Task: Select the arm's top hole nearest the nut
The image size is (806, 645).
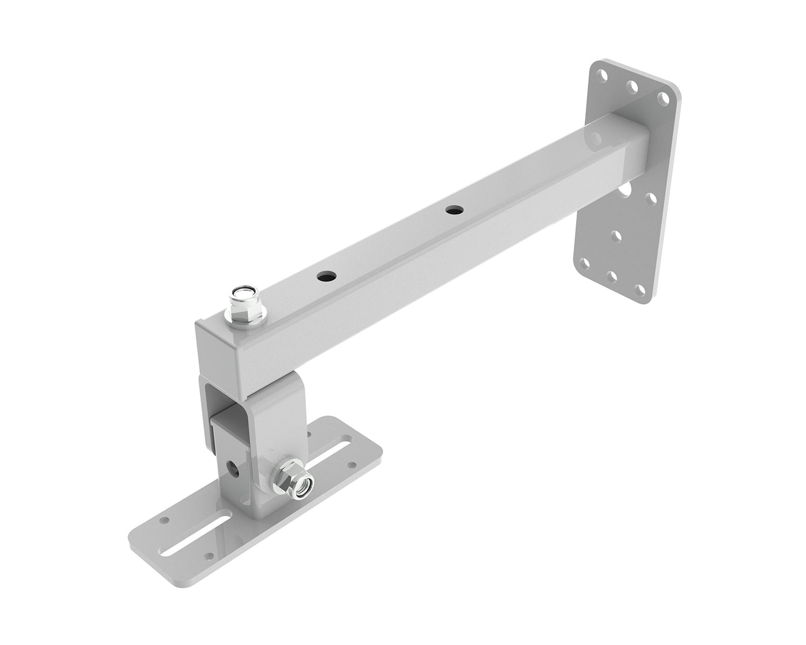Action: point(325,277)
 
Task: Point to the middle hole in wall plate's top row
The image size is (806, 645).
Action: point(634,85)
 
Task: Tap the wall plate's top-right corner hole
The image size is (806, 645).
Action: point(665,97)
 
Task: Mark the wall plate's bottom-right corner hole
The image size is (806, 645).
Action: point(639,289)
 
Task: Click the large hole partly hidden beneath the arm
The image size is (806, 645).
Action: point(625,189)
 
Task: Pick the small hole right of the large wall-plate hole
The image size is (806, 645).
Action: point(653,198)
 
